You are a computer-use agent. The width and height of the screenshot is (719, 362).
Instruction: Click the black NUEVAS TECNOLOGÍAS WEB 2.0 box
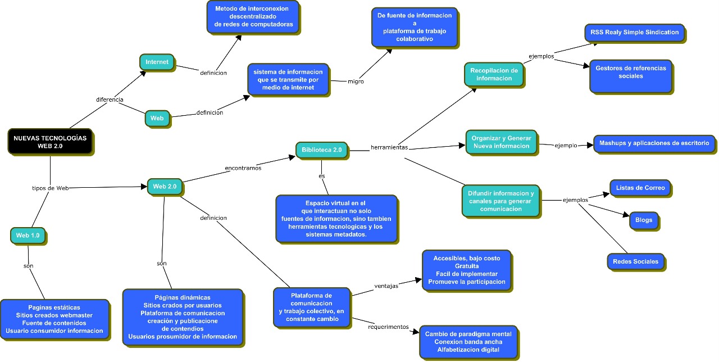[x=50, y=141]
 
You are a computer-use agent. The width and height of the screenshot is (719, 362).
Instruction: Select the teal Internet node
[x=157, y=62]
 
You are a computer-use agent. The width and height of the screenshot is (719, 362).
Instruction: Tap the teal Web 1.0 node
[x=28, y=236]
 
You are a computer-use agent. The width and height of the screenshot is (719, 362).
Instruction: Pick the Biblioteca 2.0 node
[x=321, y=150]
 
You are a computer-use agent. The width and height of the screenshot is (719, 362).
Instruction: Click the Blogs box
[x=643, y=220]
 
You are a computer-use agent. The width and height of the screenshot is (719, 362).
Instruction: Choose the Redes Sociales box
[x=636, y=261]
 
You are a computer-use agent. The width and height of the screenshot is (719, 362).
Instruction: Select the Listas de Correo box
[x=640, y=188]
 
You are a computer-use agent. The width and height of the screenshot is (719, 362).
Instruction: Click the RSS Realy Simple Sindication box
[x=634, y=33]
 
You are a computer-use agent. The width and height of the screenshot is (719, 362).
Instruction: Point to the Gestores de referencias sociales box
[x=630, y=76]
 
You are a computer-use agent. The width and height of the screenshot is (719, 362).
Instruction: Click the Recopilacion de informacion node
[x=494, y=74]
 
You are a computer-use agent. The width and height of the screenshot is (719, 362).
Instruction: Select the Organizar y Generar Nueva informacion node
[x=501, y=142]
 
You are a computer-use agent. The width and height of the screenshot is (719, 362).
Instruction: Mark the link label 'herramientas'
[x=389, y=148]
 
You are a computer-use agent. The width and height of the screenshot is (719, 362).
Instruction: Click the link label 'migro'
[x=356, y=82]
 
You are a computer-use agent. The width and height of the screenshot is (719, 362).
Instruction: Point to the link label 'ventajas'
[x=386, y=286]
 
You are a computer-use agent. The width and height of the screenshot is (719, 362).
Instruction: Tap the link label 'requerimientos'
[x=388, y=327]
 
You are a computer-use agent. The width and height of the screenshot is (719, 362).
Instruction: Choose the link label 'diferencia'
[x=110, y=99]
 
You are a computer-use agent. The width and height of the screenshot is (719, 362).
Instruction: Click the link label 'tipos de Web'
[x=50, y=188]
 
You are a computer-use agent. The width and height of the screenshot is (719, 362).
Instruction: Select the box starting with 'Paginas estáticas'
[x=54, y=319]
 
